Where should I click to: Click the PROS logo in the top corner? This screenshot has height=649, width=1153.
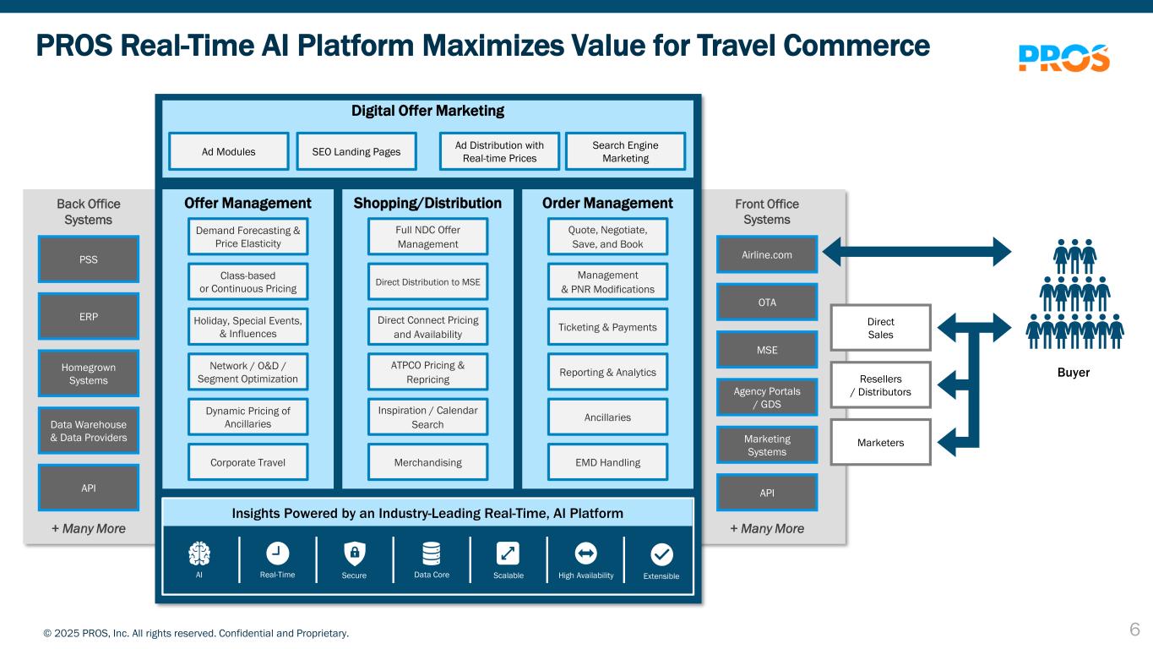1063,58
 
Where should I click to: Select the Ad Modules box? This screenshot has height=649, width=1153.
229,151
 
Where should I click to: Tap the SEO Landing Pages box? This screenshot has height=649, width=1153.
356,151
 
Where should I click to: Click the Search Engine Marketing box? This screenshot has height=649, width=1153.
625,151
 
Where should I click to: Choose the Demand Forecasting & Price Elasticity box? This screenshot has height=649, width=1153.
248,237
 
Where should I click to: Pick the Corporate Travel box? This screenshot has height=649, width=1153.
248,462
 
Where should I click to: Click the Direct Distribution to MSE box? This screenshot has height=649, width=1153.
427,281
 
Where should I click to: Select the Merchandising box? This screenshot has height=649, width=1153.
427,462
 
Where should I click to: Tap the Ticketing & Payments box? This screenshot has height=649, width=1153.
607,326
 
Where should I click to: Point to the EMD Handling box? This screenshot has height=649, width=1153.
607,462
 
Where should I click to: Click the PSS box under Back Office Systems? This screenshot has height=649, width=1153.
89,259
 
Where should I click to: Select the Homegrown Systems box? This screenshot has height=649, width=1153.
89,374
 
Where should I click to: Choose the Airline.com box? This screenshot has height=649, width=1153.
767,254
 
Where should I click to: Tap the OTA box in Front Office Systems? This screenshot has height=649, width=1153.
767,302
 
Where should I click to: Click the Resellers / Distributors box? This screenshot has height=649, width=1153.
881,384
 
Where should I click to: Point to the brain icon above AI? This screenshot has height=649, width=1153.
199,554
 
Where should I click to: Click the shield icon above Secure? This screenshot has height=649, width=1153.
355,554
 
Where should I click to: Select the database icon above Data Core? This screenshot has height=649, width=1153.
432,554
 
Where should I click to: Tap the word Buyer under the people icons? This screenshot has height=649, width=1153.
1074,373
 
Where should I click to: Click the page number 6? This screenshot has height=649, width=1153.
1135,630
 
